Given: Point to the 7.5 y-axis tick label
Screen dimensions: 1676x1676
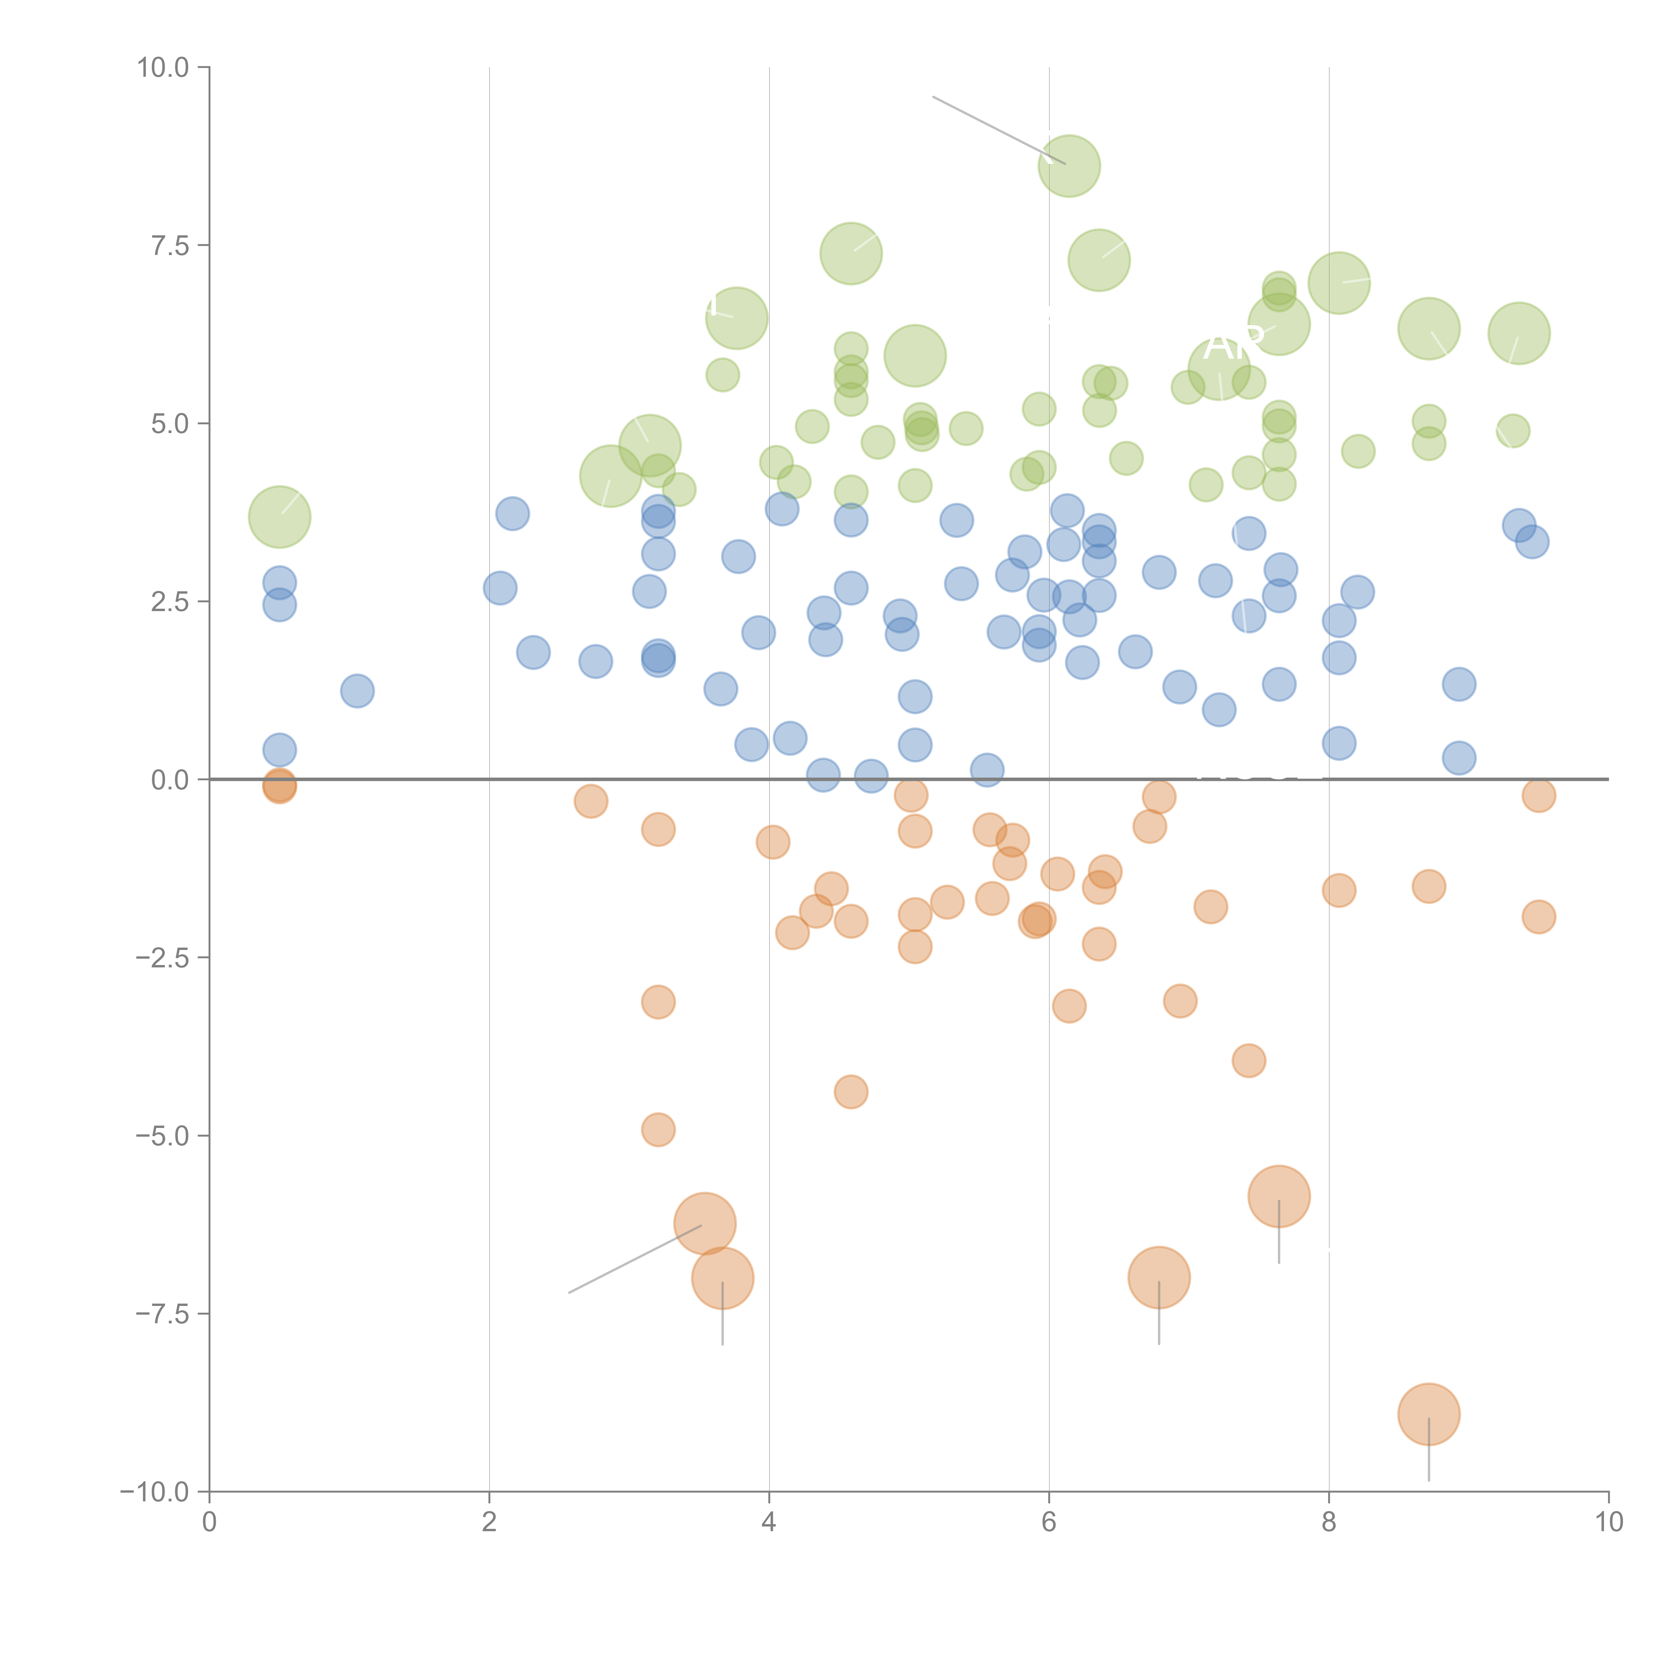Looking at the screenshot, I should (x=170, y=245).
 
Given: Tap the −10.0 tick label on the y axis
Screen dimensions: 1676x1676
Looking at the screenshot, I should (x=155, y=1492).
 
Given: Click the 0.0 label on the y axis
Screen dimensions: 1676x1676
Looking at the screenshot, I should (x=170, y=780).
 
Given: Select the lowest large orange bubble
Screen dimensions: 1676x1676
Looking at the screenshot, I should (x=1429, y=1414).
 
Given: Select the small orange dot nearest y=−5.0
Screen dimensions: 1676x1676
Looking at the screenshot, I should (x=658, y=1130).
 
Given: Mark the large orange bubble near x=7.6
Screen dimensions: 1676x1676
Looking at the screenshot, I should (x=1279, y=1196).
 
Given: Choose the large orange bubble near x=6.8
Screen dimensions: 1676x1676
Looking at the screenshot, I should (x=1159, y=1277).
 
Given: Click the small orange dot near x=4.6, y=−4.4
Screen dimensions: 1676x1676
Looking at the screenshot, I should (x=851, y=1091).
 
